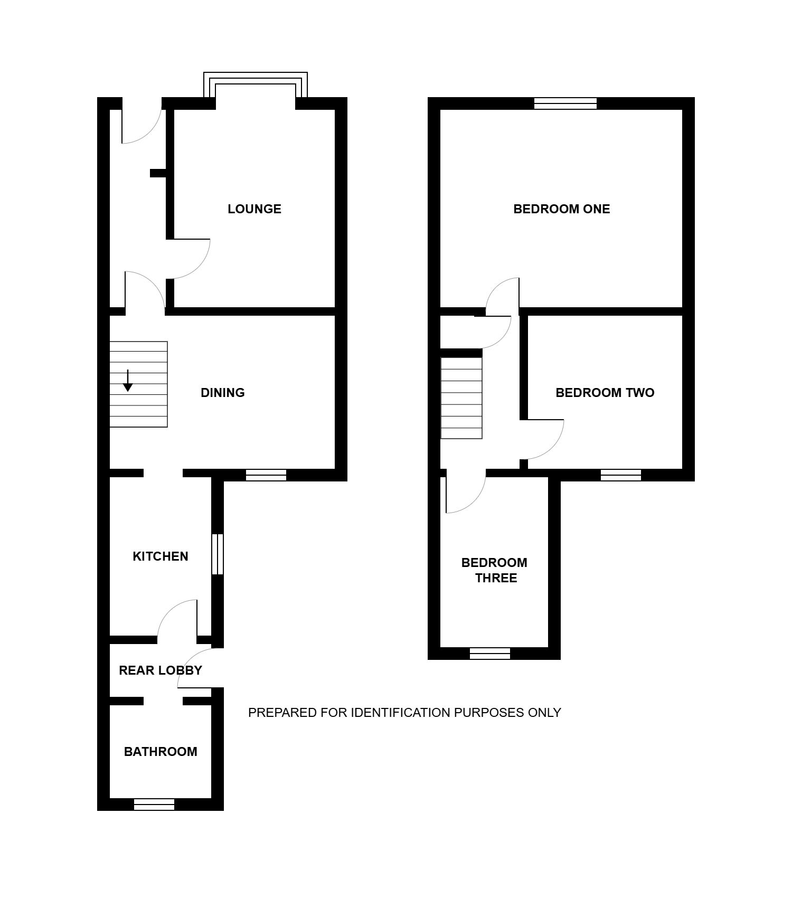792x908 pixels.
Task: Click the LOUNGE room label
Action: [254, 209]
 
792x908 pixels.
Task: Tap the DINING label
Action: [223, 393]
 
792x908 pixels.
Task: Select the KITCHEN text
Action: [161, 556]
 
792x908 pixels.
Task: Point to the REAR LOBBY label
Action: [161, 670]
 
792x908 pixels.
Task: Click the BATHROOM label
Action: [161, 752]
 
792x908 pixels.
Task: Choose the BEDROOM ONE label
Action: [562, 209]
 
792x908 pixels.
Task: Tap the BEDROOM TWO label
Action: [605, 393]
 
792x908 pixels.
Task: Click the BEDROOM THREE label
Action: [495, 570]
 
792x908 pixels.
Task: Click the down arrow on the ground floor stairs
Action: [128, 381]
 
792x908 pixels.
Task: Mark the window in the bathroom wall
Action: [154, 805]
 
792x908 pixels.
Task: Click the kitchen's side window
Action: [218, 554]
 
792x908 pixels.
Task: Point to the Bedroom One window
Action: [565, 103]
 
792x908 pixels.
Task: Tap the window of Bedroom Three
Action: [490, 654]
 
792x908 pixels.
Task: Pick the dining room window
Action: [266, 475]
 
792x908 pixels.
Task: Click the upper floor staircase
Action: [461, 398]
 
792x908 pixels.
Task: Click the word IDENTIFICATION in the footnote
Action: [401, 713]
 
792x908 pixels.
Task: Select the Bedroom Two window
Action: [621, 475]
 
